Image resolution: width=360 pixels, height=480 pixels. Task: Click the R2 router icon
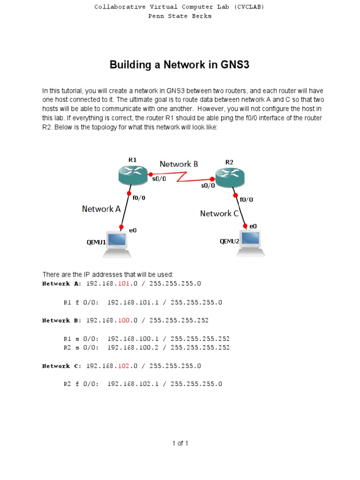point(230,177)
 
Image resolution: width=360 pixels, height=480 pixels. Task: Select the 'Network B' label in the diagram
point(179,164)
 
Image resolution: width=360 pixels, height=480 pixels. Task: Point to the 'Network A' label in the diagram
point(101,209)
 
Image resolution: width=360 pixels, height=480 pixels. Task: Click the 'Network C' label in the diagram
point(219,214)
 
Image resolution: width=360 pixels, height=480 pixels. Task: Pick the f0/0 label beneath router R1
point(139,198)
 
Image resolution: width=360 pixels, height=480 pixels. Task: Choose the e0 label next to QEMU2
point(253,226)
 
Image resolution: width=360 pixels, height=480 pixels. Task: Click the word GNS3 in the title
point(233,65)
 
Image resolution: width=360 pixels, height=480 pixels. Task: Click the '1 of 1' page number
point(180,443)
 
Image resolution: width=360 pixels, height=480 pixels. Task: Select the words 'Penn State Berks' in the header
point(180,16)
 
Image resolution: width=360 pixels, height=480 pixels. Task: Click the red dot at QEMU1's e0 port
point(121,227)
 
